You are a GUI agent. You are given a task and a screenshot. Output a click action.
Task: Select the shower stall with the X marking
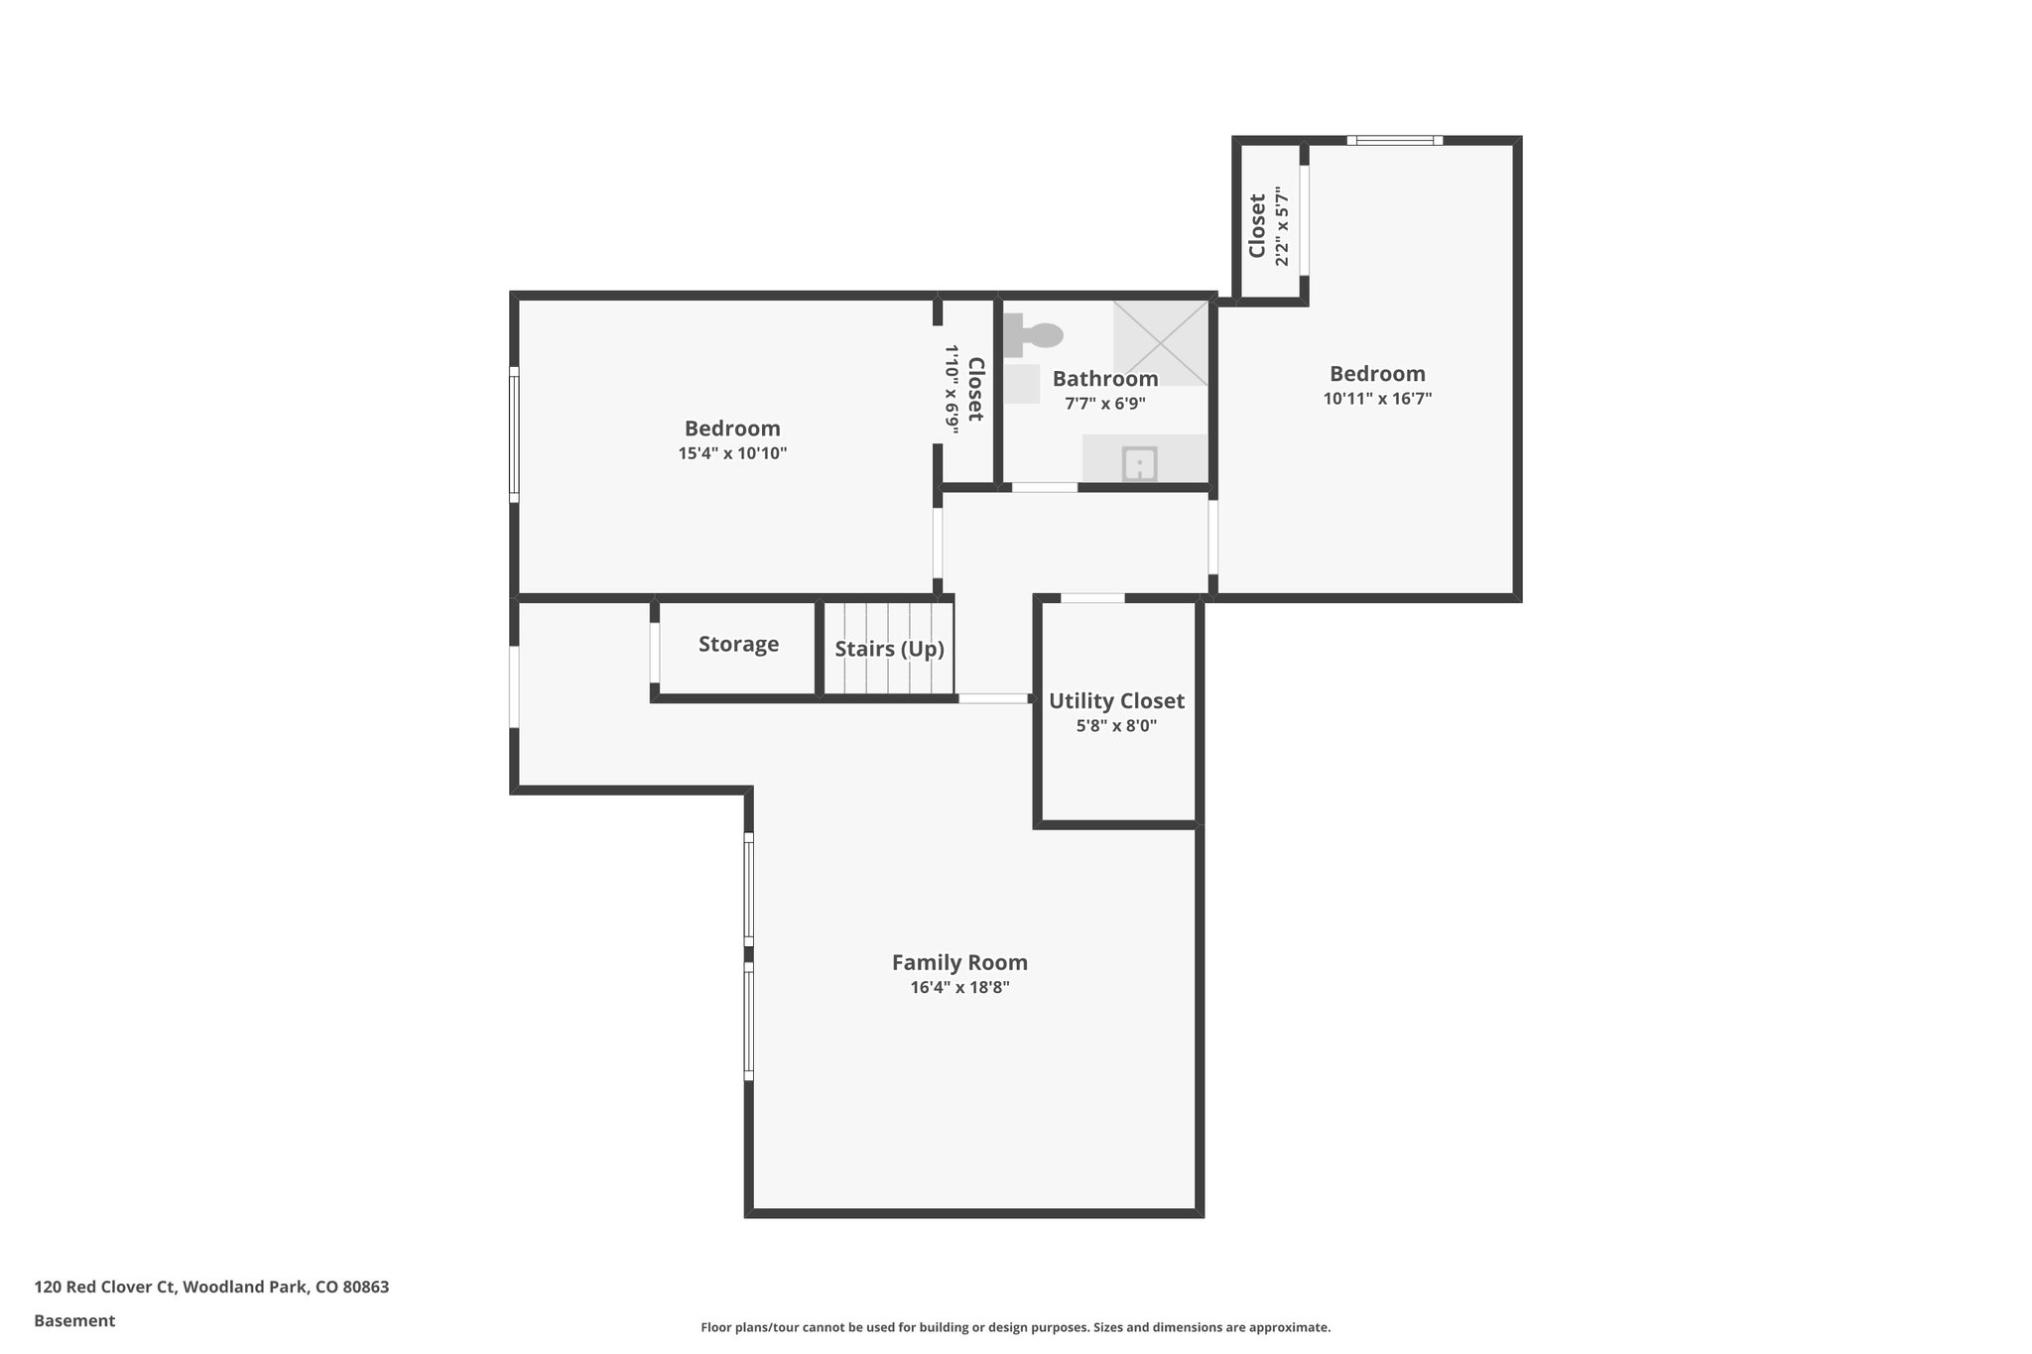coord(1160,342)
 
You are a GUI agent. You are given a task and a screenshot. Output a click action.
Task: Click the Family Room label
coord(959,962)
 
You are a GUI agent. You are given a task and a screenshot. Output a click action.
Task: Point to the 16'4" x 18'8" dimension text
coord(959,988)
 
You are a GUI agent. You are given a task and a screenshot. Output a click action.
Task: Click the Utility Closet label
coord(1116,701)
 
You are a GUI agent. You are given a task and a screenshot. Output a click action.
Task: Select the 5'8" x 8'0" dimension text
coord(1116,726)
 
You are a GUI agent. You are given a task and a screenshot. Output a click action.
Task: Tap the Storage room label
coord(738,645)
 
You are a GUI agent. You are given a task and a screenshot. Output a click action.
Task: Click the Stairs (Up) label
coord(889,650)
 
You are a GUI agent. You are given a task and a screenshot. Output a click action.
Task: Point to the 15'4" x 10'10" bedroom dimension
coord(732,453)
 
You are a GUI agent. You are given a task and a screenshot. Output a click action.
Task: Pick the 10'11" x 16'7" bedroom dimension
coord(1377,399)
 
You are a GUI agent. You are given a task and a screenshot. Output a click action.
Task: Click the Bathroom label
coord(1105,379)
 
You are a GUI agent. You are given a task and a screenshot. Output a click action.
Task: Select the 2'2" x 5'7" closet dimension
coord(1282,226)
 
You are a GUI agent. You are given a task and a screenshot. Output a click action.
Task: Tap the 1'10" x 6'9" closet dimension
coord(951,389)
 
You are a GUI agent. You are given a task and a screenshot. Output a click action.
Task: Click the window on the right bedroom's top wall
coord(1394,141)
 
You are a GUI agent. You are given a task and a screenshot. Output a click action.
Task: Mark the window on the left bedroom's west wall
coord(514,431)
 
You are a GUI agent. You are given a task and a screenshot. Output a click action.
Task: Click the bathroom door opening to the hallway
coord(1044,487)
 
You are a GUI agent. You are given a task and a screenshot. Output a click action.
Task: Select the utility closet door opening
coord(1092,598)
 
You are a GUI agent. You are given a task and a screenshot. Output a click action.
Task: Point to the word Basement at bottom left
coord(74,1321)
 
